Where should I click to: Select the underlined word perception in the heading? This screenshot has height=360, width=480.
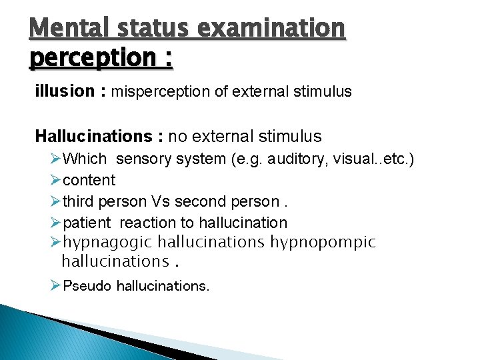coord(92,58)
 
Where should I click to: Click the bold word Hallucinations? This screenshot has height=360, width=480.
coord(94,137)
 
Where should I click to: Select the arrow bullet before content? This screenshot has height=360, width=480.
coord(55,180)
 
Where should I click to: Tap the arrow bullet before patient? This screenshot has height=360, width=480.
coord(55,223)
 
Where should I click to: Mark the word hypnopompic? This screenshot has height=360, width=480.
coord(323,242)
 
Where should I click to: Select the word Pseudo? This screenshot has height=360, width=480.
coord(87,286)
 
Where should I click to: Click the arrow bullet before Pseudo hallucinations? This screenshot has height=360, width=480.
coord(55,286)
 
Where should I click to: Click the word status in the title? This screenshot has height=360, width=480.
coord(157,29)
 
